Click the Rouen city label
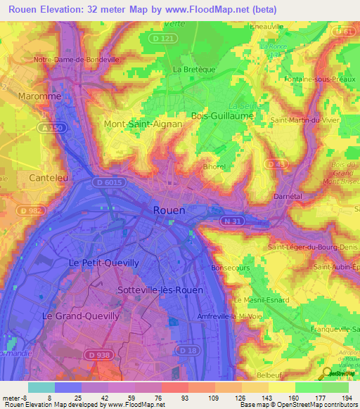pos(169,210)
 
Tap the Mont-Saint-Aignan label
pos(143,124)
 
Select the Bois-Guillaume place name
pos(221,115)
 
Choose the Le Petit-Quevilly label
pos(104,262)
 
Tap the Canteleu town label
pos(49,178)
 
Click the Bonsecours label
pos(231,268)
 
